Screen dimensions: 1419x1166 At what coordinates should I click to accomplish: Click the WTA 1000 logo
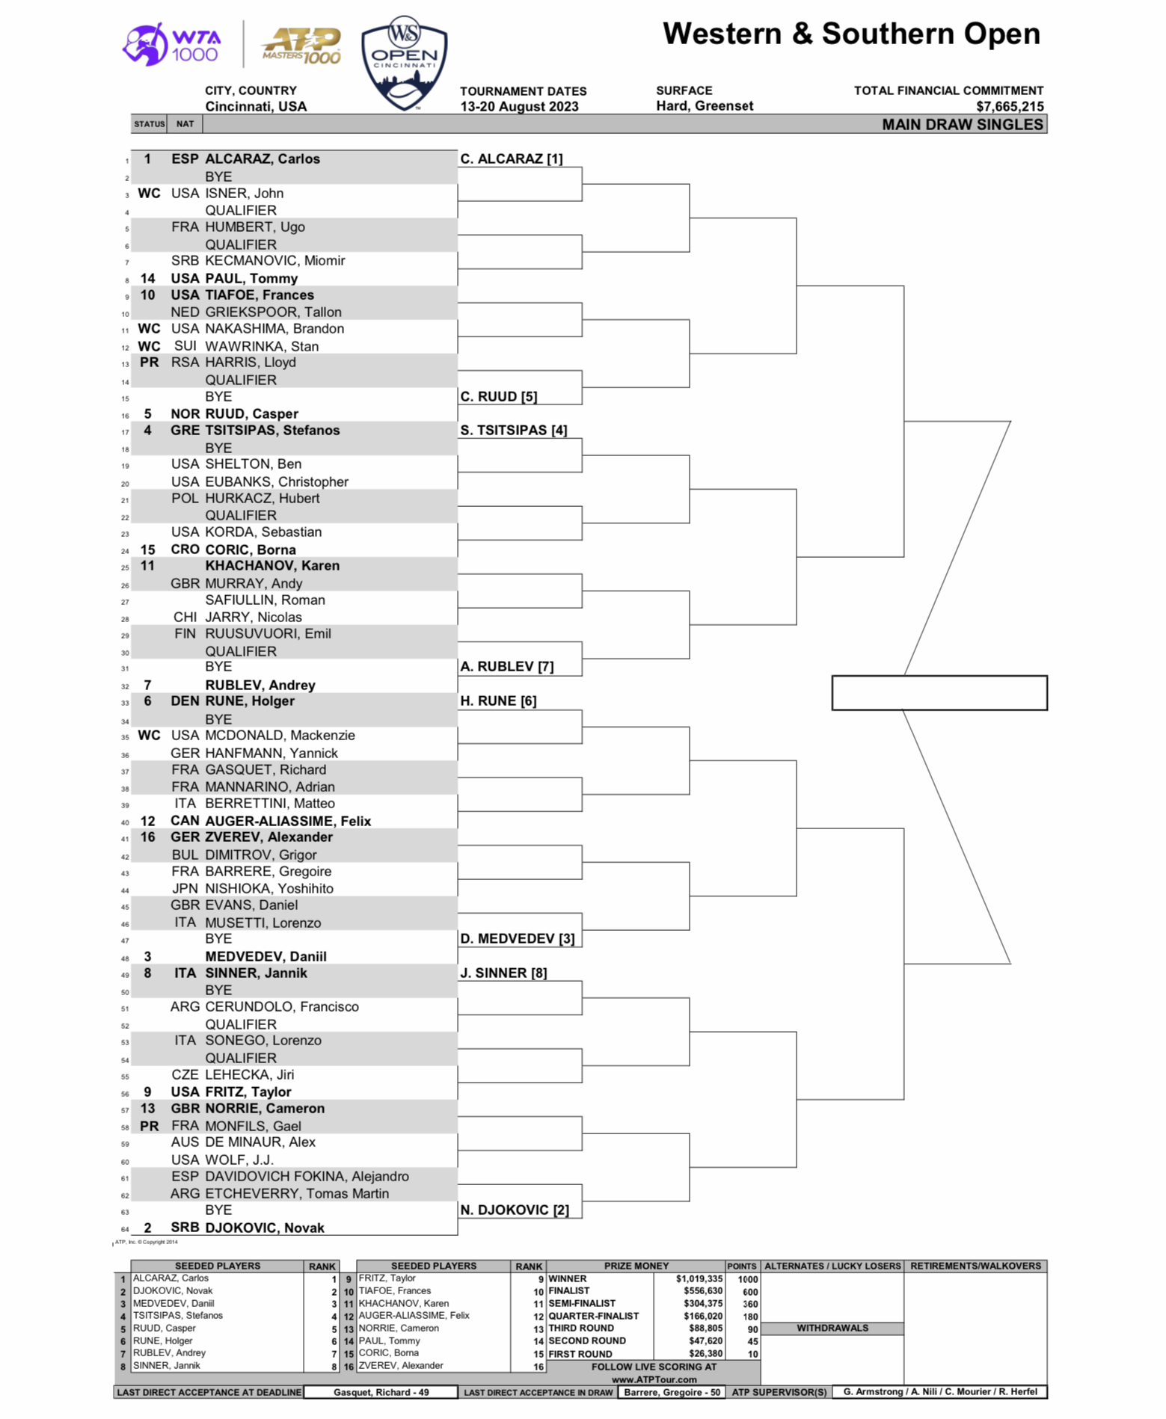171,45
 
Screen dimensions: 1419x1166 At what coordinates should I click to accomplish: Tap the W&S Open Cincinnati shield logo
404,64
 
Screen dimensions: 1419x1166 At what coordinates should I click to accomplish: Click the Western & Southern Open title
851,34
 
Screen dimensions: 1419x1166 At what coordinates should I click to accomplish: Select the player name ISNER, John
245,194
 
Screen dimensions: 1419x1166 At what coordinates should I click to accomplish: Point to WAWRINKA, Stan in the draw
262,346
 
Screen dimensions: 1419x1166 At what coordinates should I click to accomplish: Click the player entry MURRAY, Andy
254,584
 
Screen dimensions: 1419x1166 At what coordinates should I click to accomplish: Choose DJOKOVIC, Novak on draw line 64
265,1228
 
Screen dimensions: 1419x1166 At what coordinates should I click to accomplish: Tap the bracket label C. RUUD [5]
499,397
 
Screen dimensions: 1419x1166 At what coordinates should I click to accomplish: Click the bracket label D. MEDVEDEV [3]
518,939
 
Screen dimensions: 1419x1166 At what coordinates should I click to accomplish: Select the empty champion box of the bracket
939,693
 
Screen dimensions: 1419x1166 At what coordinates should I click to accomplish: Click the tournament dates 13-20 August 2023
519,107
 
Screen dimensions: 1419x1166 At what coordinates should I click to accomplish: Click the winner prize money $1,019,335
699,1279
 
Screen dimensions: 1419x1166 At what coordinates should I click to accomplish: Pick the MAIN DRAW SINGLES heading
962,125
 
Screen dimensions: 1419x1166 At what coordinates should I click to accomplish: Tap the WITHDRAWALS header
832,1329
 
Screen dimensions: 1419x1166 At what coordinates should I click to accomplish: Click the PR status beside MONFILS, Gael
150,1126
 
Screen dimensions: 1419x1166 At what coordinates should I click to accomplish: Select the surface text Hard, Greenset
705,106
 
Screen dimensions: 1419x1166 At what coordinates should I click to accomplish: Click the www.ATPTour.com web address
654,1379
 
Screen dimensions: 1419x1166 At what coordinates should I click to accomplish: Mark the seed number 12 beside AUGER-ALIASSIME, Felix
148,821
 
